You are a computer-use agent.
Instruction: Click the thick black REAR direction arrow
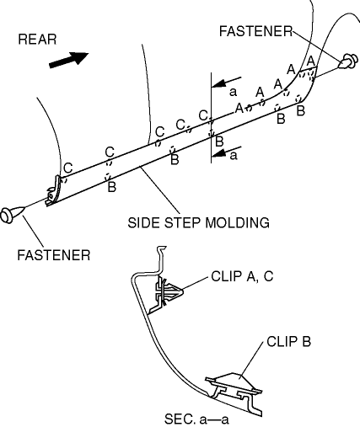click(69, 60)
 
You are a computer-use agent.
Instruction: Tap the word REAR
click(37, 40)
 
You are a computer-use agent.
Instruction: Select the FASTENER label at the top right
click(255, 31)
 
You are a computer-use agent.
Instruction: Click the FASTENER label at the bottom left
click(54, 255)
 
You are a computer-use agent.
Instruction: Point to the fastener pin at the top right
click(349, 61)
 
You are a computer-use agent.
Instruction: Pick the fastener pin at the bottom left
click(11, 215)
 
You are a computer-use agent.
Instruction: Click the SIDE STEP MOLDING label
click(198, 223)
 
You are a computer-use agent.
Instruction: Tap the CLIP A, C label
click(242, 276)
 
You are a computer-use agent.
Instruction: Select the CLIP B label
click(288, 342)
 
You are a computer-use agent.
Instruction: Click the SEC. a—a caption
click(196, 419)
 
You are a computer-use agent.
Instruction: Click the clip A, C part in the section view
click(168, 293)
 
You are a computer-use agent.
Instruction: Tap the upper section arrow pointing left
click(226, 82)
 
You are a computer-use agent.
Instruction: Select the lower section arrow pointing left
click(226, 152)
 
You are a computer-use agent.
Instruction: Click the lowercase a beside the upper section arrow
click(233, 92)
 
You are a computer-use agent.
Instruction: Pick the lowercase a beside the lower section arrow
click(234, 155)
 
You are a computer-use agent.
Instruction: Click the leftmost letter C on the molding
click(68, 168)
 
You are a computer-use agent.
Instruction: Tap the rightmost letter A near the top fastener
click(311, 61)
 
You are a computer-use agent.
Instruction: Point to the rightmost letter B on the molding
click(300, 110)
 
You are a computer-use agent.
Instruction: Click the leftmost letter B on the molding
click(112, 187)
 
